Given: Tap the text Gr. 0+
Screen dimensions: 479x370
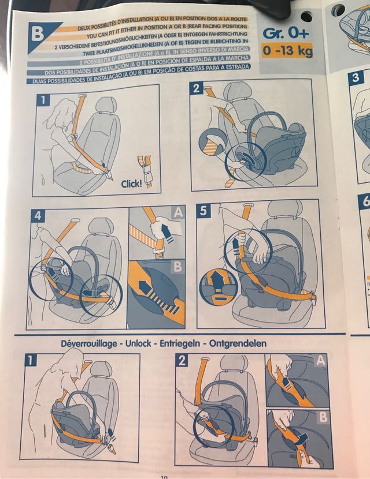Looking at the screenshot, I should pos(285,33).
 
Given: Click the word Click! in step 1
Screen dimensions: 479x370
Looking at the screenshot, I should pos(132,184).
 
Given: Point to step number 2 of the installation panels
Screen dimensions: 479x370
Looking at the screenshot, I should pos(197,88).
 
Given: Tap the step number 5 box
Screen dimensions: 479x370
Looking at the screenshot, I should pos(202,211).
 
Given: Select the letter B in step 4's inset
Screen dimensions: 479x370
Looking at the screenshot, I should pos(177,267).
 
